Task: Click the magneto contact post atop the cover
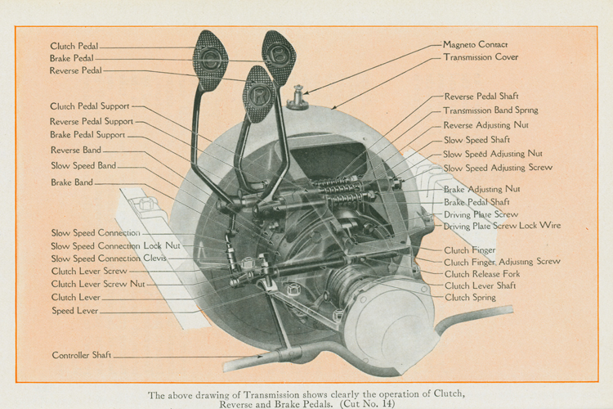298,99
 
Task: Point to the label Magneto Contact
475,44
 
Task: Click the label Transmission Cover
481,58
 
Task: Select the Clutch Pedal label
74,47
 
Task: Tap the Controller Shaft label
82,356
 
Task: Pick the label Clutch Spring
470,298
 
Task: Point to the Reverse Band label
76,151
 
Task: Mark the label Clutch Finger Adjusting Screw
502,262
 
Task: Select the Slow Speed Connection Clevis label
109,258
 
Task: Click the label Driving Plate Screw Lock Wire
503,226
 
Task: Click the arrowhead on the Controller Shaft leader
263,357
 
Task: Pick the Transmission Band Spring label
491,110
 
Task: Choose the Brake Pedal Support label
87,135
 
